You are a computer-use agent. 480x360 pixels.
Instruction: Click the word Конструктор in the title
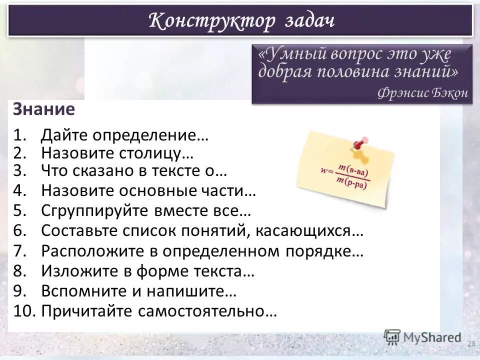[x=212, y=21]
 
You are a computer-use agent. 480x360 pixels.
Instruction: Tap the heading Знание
[x=44, y=109]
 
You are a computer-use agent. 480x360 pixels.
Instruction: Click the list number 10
[x=23, y=311]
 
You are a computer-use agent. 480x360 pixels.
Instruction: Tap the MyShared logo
[x=422, y=337]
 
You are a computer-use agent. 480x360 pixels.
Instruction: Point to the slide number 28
[x=471, y=343]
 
